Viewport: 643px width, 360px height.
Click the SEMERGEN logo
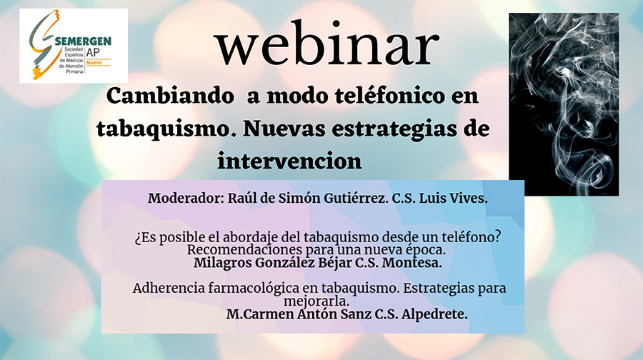[74, 46]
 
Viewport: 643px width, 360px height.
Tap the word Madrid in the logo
[94, 63]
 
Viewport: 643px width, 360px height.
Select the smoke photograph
[564, 104]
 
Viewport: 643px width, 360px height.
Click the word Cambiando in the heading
[170, 96]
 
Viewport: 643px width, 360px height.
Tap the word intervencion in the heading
[289, 161]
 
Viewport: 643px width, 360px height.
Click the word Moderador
[186, 199]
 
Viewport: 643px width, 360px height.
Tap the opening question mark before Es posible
[138, 239]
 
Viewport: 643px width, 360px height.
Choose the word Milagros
[222, 263]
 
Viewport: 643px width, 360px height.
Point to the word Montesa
[412, 263]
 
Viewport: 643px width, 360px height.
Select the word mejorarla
[316, 301]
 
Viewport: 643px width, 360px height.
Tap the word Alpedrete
[434, 314]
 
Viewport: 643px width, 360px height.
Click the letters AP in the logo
[93, 52]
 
